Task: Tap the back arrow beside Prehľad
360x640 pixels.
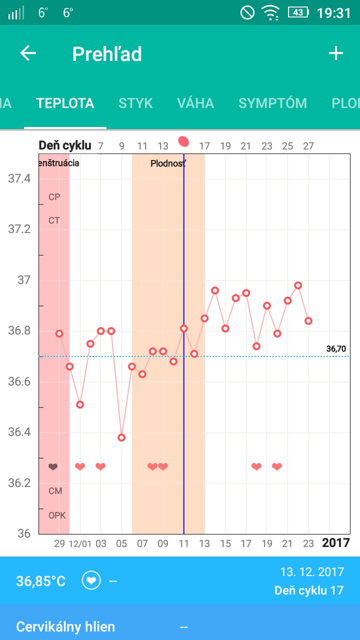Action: (28, 53)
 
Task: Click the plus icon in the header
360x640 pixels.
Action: (335, 53)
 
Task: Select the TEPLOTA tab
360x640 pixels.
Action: (65, 103)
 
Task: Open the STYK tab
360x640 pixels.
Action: (135, 103)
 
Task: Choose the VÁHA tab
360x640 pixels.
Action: (195, 103)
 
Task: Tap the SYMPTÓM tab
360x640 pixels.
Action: (272, 103)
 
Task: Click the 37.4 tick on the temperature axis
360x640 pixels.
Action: (19, 178)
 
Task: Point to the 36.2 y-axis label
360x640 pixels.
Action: (19, 483)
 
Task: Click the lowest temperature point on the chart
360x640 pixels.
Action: (121, 437)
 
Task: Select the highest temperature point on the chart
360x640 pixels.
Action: (298, 285)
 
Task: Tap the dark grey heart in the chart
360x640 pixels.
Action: (53, 467)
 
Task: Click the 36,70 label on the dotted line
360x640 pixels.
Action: (336, 349)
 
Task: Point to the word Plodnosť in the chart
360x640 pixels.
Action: (168, 163)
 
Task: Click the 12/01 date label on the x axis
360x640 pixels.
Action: (80, 543)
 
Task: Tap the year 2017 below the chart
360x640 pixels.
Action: (335, 543)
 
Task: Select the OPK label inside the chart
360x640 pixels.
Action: (57, 515)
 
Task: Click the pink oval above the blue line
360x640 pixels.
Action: (183, 142)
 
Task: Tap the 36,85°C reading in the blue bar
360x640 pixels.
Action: (41, 581)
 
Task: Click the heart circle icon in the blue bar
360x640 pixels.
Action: (91, 581)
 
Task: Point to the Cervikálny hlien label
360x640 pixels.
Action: (65, 626)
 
